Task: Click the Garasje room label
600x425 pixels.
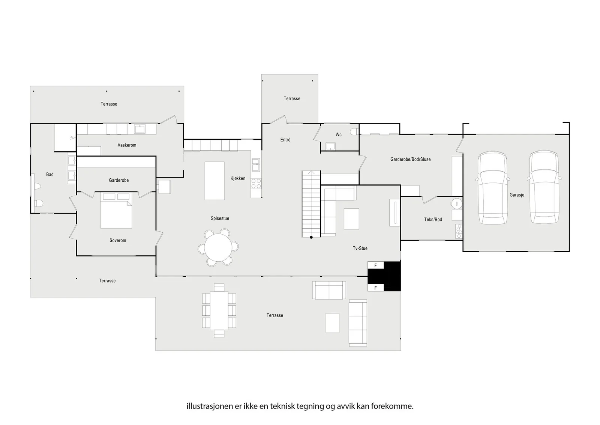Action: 517,195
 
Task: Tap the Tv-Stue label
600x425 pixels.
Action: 360,248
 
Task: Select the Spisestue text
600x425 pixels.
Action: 220,219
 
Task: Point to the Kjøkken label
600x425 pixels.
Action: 238,178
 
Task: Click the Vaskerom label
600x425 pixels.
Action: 127,145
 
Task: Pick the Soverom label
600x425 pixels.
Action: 118,241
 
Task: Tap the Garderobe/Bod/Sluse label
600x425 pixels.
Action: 411,159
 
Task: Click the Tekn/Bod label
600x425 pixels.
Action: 433,220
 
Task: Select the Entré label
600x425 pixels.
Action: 285,140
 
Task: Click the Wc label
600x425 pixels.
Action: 339,135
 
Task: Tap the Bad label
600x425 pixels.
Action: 50,175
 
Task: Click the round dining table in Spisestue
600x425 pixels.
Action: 218,247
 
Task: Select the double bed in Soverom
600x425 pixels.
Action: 116,210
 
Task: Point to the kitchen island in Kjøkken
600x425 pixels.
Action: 214,181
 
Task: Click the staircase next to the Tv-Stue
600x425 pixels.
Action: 311,204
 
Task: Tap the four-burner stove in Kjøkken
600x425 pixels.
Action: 256,184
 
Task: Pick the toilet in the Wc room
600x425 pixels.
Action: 354,132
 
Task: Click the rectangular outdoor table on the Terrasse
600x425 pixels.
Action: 219,310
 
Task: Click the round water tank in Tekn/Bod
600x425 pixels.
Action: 456,203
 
